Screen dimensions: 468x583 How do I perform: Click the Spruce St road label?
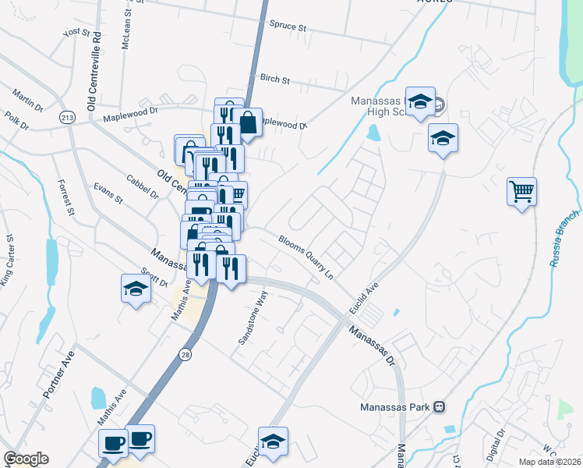click(288, 26)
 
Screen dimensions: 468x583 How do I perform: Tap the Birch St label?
click(274, 80)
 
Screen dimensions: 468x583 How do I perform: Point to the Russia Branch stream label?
click(564, 239)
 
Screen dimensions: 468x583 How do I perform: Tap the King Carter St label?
click(7, 259)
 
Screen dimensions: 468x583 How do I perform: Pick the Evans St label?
click(108, 193)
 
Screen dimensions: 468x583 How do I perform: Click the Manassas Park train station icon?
click(440, 407)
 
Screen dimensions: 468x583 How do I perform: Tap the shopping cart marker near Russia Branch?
click(521, 190)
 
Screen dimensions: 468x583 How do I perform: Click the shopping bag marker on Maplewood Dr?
click(247, 122)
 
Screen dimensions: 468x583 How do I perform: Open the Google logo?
click(26, 459)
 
